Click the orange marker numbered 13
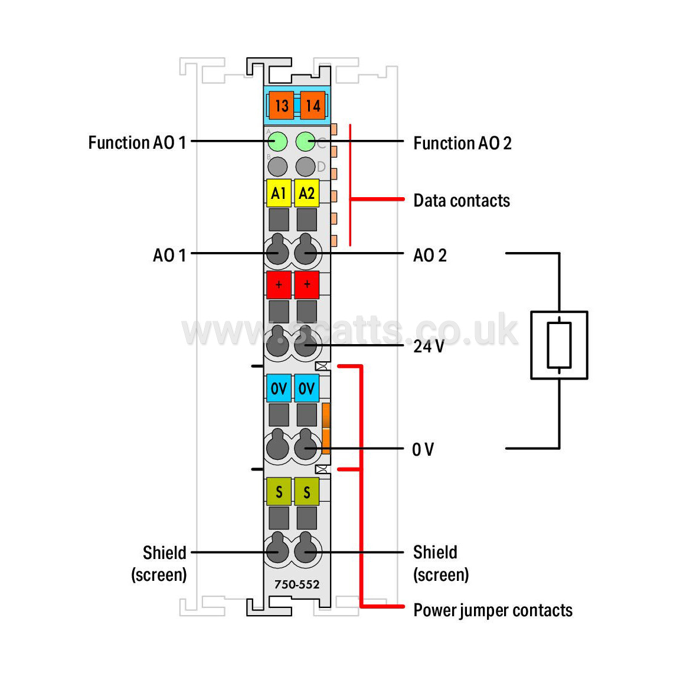pos(282,106)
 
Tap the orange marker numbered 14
pos(313,106)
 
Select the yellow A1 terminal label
pos(279,192)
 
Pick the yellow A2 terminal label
pos(306,192)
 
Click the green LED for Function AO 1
pos(277,142)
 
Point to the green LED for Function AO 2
pos(305,142)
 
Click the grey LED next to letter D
pos(305,166)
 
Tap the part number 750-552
pos(297,584)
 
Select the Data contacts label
pos(462,201)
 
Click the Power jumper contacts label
pos(493,610)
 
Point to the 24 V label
pos(429,346)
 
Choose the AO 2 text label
pos(430,255)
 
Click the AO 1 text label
pos(169,255)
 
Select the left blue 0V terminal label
pos(279,388)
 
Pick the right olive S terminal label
pos(306,492)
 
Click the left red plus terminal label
pos(279,285)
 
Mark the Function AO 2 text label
pos(462,143)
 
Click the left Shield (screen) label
pos(159,564)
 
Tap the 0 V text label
pos(423,449)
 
